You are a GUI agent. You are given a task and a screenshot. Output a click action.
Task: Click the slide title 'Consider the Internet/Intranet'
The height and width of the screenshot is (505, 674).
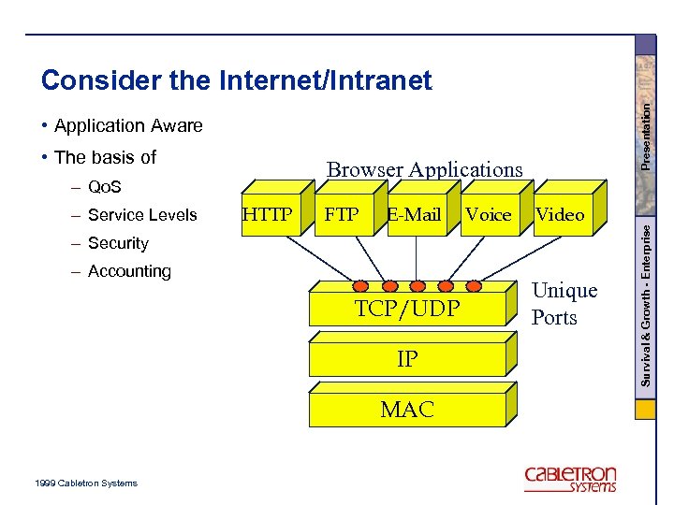point(236,81)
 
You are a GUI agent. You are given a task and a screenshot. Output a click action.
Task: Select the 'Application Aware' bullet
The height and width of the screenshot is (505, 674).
point(127,125)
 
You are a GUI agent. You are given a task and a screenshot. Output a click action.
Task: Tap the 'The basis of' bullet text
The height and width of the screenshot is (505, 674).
point(105,156)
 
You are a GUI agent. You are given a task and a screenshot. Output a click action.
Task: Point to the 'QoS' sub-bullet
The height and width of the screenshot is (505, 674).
point(104,187)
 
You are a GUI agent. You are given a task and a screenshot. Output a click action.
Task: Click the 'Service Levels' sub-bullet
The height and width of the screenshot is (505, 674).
point(141,215)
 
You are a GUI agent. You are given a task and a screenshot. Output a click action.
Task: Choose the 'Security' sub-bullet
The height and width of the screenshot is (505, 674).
point(117,243)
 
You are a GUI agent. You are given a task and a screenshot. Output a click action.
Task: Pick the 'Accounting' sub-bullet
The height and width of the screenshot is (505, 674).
point(129,271)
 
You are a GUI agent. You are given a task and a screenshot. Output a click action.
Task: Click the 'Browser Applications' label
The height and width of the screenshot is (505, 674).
point(424,169)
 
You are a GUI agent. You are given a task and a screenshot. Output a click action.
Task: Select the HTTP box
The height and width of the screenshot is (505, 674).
point(267,214)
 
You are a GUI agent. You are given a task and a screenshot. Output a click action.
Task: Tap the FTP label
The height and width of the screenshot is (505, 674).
point(341,214)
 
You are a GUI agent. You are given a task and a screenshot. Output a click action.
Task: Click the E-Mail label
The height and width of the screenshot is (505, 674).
point(414,214)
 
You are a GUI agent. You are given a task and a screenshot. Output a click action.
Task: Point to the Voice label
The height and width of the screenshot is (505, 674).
point(488,215)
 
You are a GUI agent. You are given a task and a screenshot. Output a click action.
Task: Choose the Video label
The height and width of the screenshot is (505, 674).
point(560,214)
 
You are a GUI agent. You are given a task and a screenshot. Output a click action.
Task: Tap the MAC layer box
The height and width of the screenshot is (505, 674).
point(407,409)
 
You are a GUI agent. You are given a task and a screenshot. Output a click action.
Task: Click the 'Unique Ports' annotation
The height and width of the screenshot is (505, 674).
point(564,304)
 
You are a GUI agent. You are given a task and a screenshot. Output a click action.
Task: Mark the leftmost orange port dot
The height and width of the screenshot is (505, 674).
point(361,285)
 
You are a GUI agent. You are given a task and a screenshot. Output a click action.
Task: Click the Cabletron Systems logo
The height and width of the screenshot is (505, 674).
point(571,478)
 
